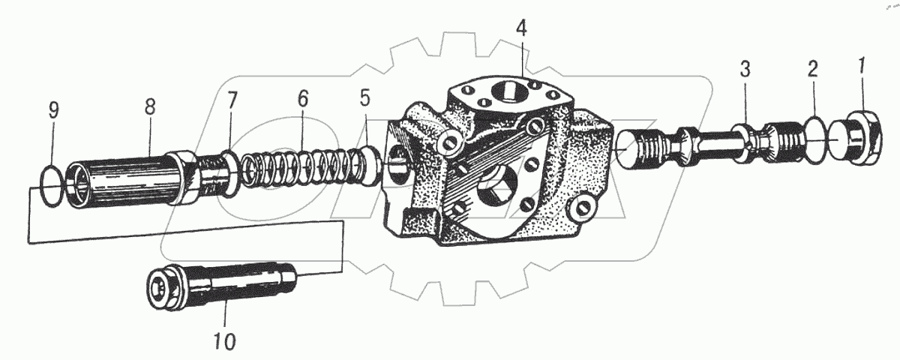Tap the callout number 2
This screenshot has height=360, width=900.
point(811,70)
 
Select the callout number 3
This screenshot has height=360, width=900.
point(745,70)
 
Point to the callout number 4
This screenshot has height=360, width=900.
point(522,28)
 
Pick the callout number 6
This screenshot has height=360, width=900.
point(303,97)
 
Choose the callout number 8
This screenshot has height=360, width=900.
point(150,106)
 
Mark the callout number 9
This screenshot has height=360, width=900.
point(53,112)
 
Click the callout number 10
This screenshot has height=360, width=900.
point(225,340)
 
